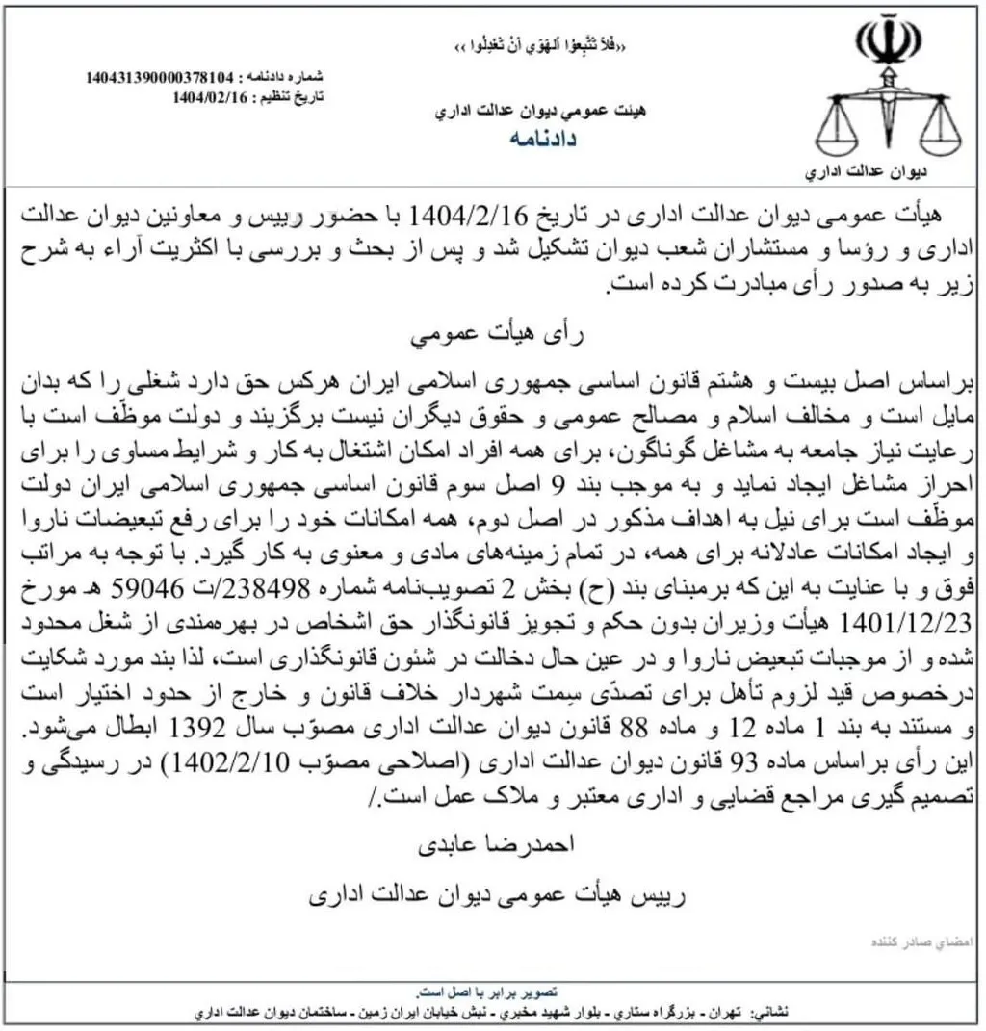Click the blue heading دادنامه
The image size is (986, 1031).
pos(541,139)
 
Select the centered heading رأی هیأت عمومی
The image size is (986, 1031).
pos(494,338)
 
